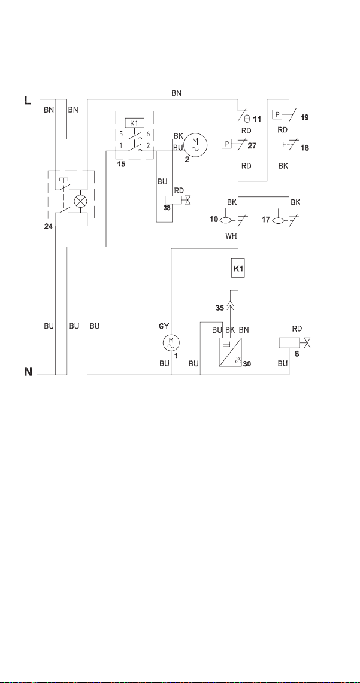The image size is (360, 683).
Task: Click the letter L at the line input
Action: (x=27, y=101)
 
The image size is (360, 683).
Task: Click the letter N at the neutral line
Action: (x=28, y=372)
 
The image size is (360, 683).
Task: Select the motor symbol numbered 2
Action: (x=195, y=144)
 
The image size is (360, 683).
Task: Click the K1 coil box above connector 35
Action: (x=238, y=269)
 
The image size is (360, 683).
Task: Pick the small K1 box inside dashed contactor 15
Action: (x=134, y=122)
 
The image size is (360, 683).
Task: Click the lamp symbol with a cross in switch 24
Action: (x=80, y=201)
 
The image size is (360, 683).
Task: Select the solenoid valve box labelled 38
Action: (x=171, y=199)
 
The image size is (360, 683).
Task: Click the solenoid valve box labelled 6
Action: (x=288, y=343)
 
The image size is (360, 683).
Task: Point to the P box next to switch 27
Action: (x=226, y=143)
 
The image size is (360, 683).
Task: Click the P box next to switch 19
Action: (x=277, y=114)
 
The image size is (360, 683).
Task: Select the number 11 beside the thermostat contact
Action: (x=257, y=118)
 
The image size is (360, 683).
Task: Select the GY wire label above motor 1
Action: (x=165, y=326)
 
